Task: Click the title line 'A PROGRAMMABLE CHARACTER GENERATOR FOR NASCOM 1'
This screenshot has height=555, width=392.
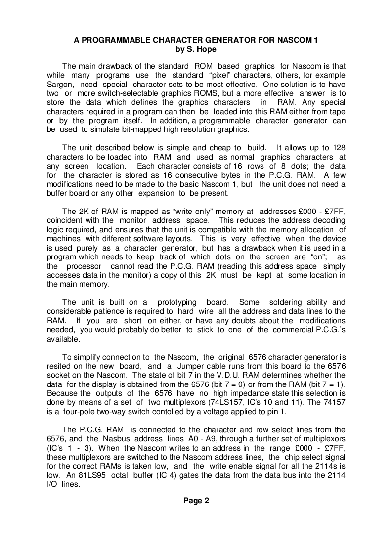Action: pyautogui.click(x=196, y=41)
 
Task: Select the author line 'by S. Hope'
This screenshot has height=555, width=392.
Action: pyautogui.click(x=196, y=49)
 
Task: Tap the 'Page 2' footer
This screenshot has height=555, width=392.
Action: pyautogui.click(x=196, y=501)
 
